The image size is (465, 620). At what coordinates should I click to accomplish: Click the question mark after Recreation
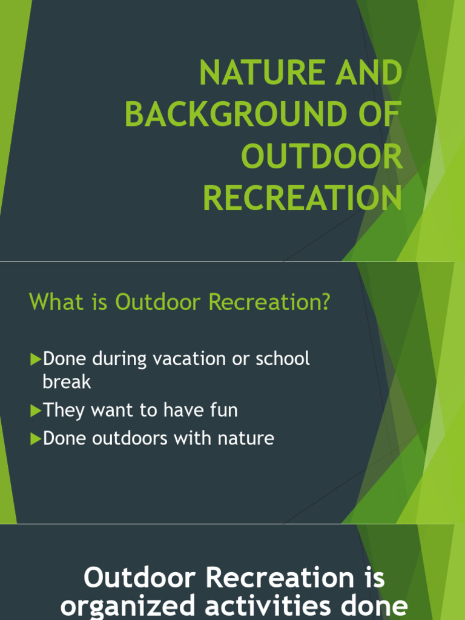pyautogui.click(x=326, y=302)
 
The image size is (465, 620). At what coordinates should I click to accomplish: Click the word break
pyautogui.click(x=67, y=381)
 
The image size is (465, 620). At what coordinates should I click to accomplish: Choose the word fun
pyautogui.click(x=223, y=410)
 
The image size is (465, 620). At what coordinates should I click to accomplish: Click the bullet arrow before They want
pyautogui.click(x=35, y=411)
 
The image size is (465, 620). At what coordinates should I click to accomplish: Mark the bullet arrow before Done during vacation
pyautogui.click(x=35, y=360)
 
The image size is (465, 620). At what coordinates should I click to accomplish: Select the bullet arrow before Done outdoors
pyautogui.click(x=35, y=439)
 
